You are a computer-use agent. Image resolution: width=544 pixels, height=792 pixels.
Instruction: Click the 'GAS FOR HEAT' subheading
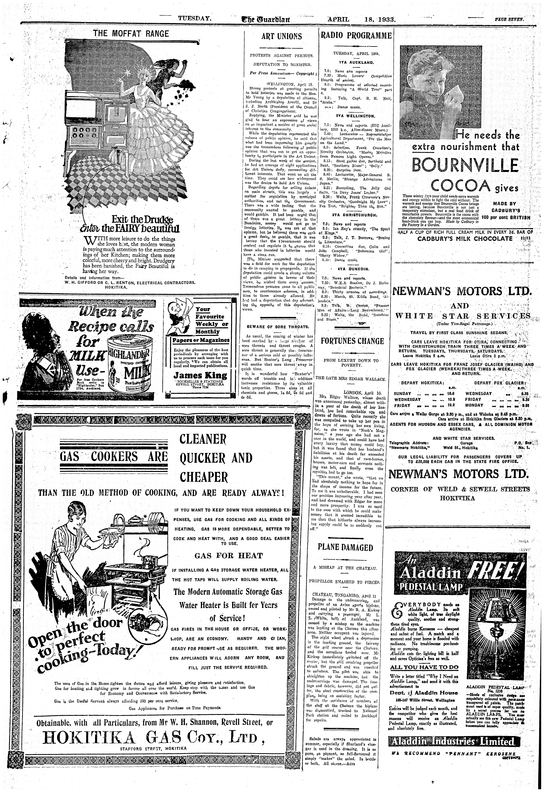229,556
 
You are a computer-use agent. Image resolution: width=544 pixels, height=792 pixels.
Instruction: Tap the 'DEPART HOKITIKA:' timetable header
422,383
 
